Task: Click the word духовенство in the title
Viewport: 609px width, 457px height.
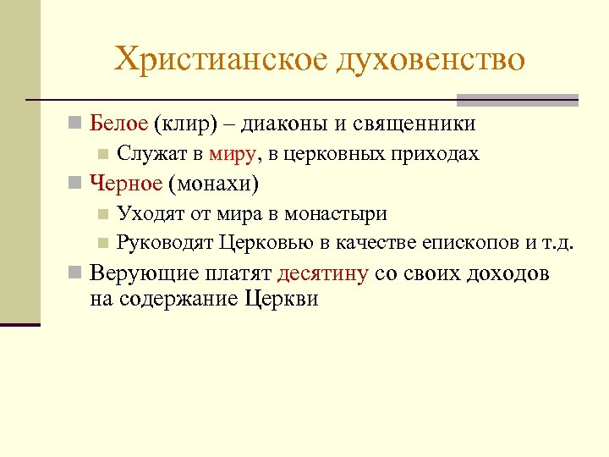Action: tap(431, 59)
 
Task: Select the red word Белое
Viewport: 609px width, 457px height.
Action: tap(119, 124)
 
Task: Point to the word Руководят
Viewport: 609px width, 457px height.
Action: tap(166, 244)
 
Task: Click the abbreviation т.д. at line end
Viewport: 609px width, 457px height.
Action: tap(557, 244)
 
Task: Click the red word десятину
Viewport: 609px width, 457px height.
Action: tap(322, 274)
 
